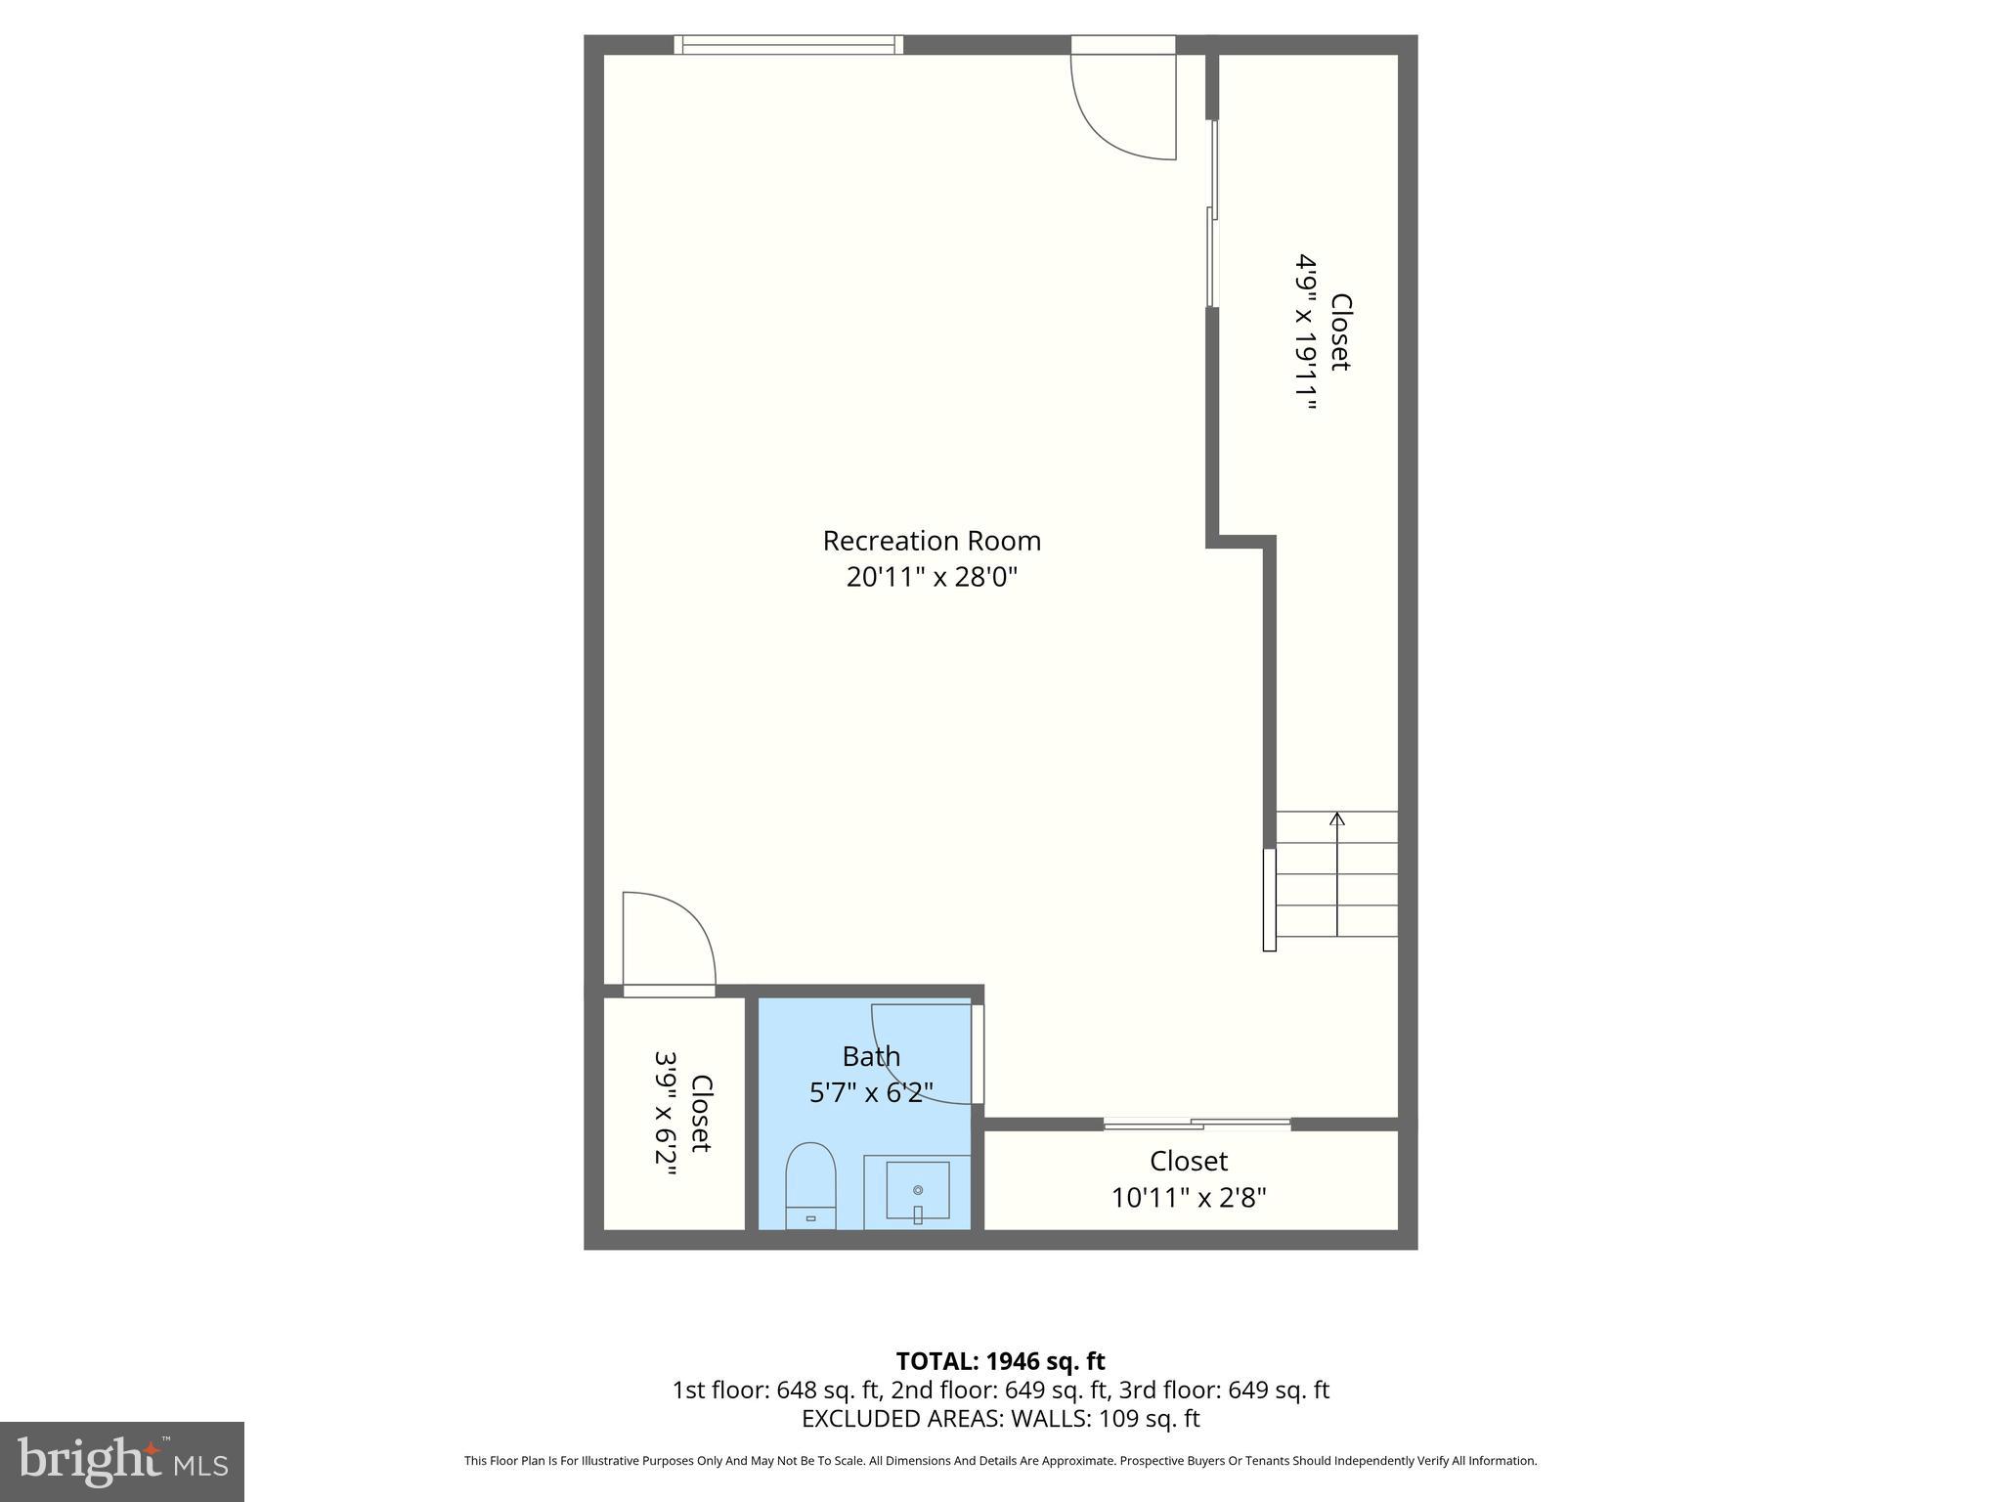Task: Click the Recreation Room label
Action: (931, 541)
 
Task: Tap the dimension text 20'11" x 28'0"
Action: (931, 577)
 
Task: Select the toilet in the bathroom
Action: (810, 1185)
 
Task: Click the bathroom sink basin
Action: (917, 1190)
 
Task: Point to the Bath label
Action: (871, 1056)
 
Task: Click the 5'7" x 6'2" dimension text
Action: (871, 1091)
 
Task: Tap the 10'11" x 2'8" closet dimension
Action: (1188, 1197)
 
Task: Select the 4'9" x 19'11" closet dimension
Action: (1307, 332)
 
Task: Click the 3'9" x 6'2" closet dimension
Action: (667, 1113)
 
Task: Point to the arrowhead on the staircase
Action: (1336, 818)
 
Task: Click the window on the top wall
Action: (788, 44)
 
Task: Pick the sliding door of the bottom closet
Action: (1197, 1124)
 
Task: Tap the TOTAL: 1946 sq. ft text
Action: (1000, 1361)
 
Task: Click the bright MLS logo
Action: (121, 1461)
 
